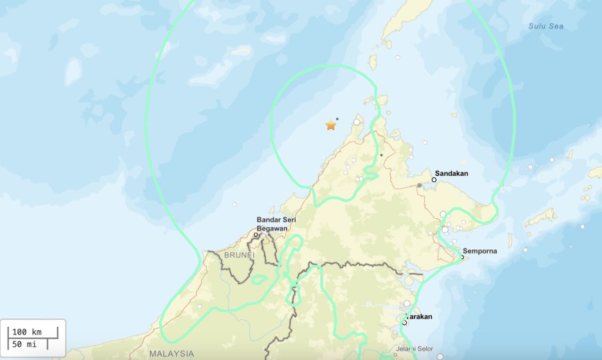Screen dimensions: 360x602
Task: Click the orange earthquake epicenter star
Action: click(331, 125)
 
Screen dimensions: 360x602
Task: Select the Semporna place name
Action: click(480, 250)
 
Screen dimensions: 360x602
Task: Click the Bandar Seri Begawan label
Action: click(276, 224)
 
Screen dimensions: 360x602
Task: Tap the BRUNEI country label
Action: click(239, 255)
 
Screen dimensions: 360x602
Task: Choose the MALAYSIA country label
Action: click(172, 353)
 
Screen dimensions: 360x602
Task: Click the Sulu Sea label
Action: click(546, 26)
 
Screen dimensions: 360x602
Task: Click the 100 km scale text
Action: click(28, 332)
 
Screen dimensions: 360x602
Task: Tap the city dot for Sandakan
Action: click(434, 179)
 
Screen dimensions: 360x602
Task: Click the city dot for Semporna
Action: click(462, 258)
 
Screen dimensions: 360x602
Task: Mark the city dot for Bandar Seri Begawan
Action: click(256, 235)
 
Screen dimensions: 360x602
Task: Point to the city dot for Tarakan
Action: click(404, 323)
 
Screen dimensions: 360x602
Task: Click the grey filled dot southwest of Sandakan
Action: click(419, 185)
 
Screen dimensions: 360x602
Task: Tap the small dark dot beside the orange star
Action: click(337, 118)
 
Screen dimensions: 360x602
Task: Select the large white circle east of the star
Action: click(356, 123)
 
